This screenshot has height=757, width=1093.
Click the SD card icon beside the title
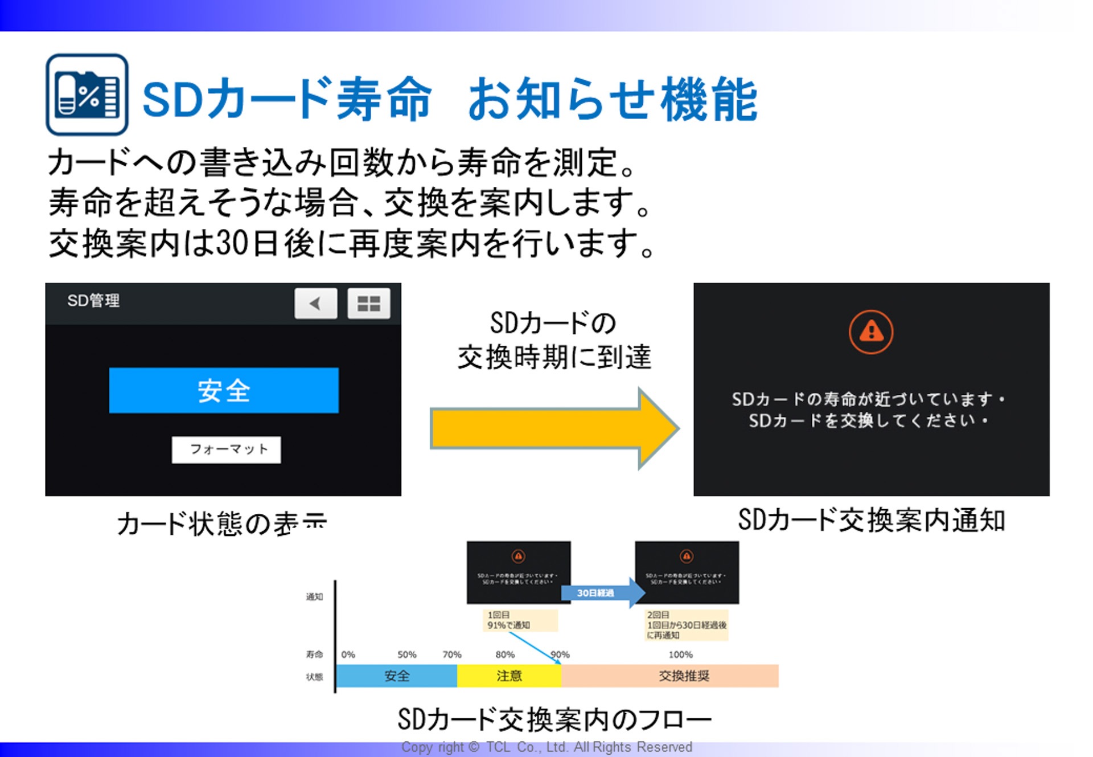(x=87, y=95)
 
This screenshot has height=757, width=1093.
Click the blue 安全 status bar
(x=224, y=390)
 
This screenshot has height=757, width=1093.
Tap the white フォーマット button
(x=226, y=449)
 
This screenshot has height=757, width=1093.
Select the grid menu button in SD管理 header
(x=368, y=303)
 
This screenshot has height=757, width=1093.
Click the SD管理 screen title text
(x=93, y=300)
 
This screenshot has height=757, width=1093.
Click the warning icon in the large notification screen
(x=870, y=332)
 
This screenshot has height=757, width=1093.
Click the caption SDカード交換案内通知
(x=871, y=520)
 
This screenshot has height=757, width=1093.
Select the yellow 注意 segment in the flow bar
(x=508, y=676)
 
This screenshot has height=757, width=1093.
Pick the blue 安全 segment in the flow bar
(x=396, y=676)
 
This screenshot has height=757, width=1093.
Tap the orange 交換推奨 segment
(x=683, y=676)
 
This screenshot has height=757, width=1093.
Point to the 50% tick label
(x=406, y=654)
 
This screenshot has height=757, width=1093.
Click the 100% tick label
(x=680, y=654)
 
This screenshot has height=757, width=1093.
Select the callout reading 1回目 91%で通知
(x=519, y=620)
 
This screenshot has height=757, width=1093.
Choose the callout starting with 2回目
(x=686, y=625)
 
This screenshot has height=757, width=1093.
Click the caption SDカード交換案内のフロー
(x=554, y=719)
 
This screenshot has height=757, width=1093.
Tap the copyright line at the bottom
(x=546, y=747)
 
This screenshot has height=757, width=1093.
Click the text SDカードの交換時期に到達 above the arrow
(x=554, y=340)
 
